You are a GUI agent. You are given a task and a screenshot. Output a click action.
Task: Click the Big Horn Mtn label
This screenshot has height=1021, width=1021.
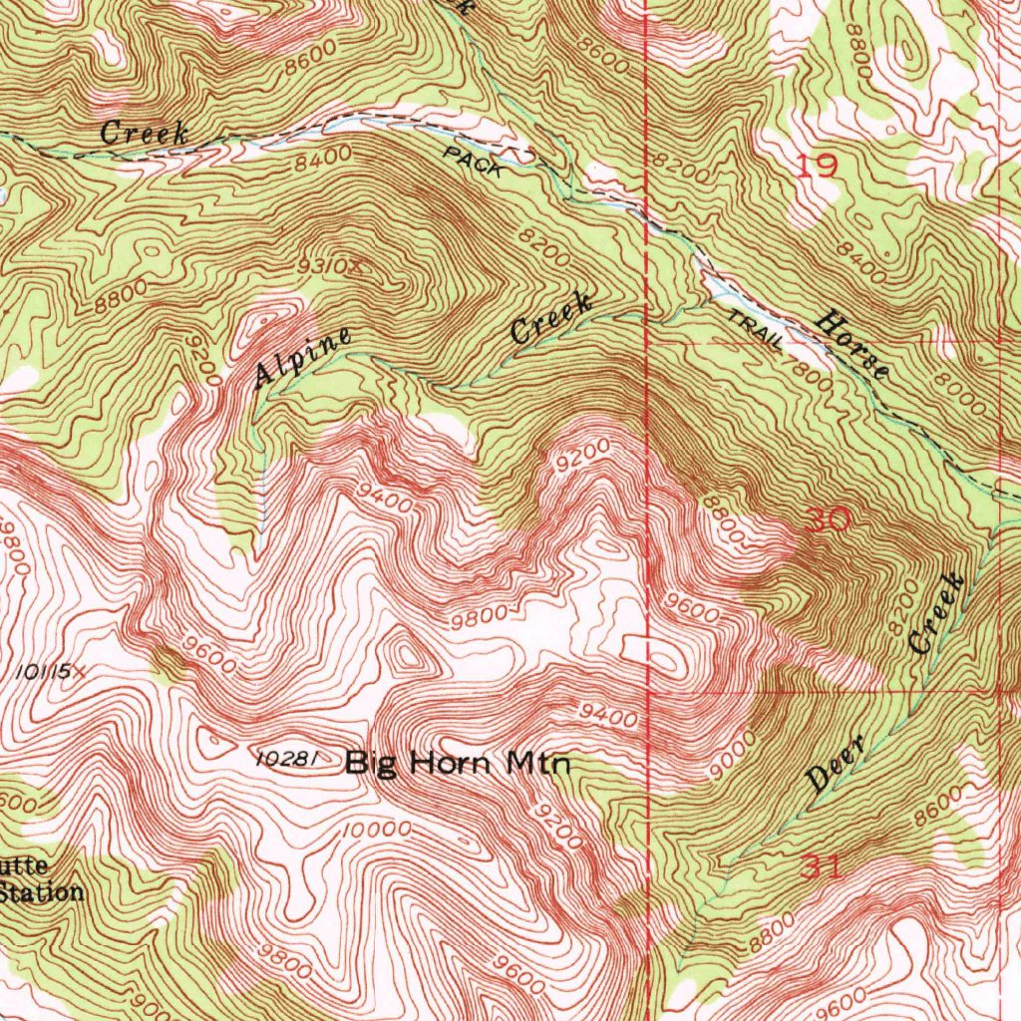(x=458, y=765)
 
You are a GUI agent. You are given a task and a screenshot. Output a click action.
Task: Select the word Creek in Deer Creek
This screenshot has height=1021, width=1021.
(x=938, y=613)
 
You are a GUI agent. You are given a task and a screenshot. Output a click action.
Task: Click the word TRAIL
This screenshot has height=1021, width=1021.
(x=755, y=331)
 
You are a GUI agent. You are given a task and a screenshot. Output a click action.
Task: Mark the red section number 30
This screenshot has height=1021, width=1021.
(x=827, y=519)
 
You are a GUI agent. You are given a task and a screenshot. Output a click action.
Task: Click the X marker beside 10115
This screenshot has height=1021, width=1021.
(x=79, y=672)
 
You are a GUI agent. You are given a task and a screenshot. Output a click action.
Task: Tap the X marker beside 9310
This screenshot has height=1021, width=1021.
(x=351, y=267)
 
